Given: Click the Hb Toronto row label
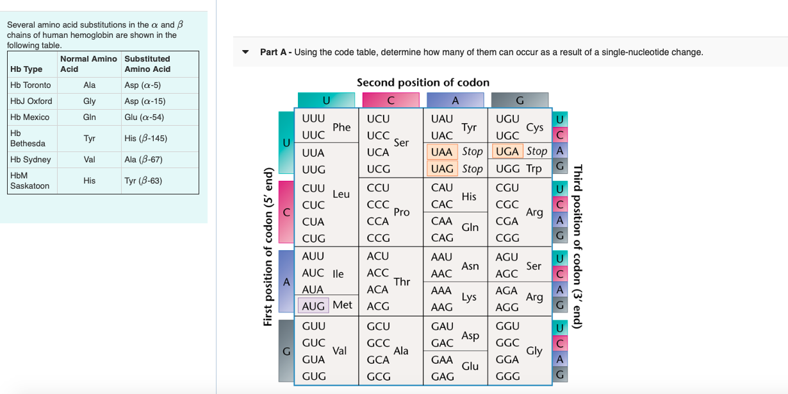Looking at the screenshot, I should coord(31,85).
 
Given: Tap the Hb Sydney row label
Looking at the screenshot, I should coord(31,160).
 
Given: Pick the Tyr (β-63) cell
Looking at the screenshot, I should coord(143,181).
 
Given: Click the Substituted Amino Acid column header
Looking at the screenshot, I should coord(147,64).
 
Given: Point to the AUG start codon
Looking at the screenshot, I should coord(313,306).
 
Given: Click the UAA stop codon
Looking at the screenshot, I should coord(441,152).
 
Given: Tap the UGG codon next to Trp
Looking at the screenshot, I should coord(507,169).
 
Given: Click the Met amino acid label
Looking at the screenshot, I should coord(342,305).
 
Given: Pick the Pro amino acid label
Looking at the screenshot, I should coord(402,212).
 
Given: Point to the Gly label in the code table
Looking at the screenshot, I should coord(534,351).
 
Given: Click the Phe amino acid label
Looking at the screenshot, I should coord(341,128).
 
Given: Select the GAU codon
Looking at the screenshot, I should coord(442,327).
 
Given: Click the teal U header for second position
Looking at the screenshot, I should coord(326,100).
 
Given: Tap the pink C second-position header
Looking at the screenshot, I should coord(391,100).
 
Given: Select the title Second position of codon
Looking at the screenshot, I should coord(423,83).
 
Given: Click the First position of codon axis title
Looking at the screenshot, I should coord(268,247).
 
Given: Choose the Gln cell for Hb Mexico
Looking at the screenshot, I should coord(90,117).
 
